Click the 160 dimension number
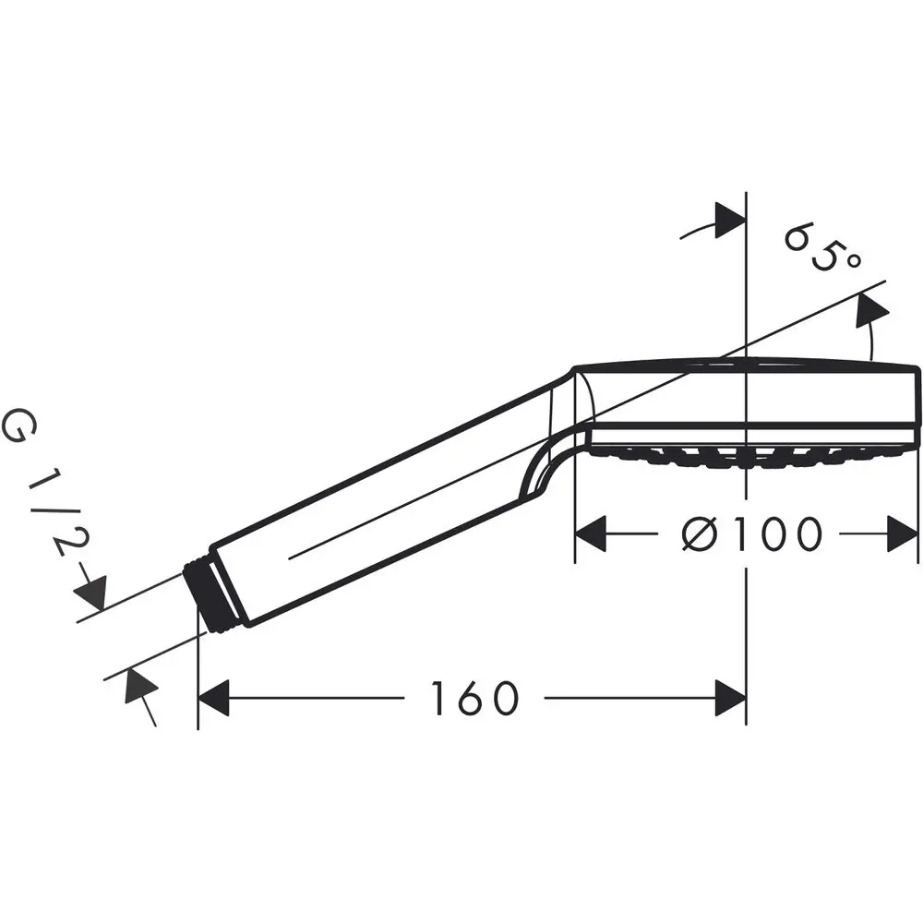tap(474, 699)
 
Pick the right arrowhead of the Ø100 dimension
tap(903, 534)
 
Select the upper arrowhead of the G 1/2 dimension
tap(93, 589)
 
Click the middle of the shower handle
tap(388, 503)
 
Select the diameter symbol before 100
tap(701, 534)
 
